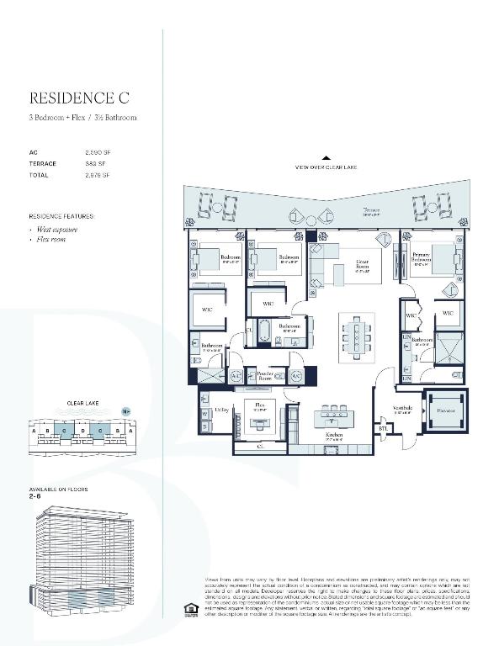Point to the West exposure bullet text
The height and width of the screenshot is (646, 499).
click(x=58, y=229)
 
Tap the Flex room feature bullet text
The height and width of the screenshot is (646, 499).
click(x=52, y=240)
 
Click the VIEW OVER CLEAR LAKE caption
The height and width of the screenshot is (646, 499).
click(x=326, y=167)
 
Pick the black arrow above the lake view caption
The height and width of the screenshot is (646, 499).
click(x=326, y=157)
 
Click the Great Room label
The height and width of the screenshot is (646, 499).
click(x=363, y=264)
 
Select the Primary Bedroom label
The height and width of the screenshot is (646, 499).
click(x=422, y=257)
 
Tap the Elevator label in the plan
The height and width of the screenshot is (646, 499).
click(x=446, y=410)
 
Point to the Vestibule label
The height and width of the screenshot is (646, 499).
click(x=402, y=409)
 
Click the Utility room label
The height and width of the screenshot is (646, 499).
click(x=222, y=410)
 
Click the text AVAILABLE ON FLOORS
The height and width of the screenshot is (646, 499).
click(x=58, y=489)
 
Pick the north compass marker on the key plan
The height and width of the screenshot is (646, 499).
click(x=126, y=412)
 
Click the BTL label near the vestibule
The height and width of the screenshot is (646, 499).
click(x=385, y=428)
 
